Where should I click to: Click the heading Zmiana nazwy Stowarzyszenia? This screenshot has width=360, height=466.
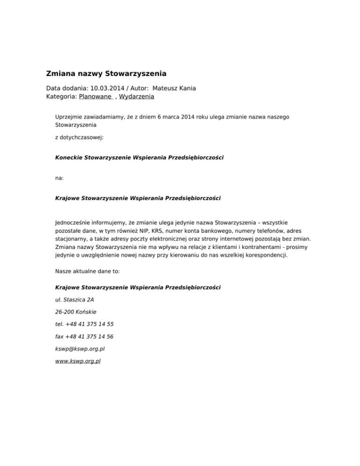[106, 74]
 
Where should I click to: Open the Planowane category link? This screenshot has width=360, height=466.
[96, 97]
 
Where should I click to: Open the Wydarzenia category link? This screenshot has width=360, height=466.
[136, 97]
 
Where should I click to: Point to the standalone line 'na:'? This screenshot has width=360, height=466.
[60, 178]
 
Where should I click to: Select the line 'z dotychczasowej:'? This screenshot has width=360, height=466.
[78, 138]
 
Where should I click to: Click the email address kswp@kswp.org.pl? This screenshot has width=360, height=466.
[78, 349]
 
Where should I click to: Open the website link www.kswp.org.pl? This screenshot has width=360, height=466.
[78, 361]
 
